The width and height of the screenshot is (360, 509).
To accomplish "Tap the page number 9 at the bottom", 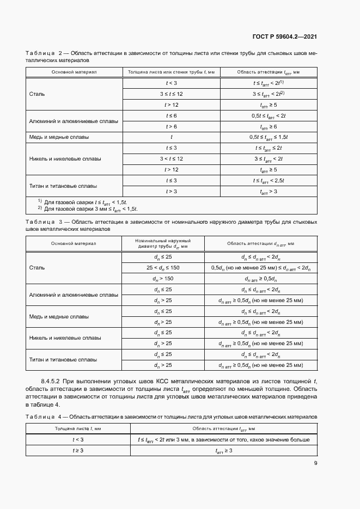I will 315,463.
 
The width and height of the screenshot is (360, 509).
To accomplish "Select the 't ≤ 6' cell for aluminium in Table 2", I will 171,116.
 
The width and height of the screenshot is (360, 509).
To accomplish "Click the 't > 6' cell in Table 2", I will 171,126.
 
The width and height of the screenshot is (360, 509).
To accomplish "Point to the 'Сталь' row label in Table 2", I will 37,94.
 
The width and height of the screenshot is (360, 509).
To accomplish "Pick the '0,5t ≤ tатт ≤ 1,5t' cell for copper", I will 269,137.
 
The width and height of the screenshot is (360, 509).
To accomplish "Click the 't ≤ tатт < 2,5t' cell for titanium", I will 269,180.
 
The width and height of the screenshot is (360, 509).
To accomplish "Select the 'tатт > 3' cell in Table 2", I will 269,191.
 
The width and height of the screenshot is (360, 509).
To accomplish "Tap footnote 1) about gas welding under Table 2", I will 82,202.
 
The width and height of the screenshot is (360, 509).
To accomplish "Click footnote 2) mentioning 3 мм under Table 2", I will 87,208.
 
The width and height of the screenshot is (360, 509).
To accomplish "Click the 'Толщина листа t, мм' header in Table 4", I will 77,429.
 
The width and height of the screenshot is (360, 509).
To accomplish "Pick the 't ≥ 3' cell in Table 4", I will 77,451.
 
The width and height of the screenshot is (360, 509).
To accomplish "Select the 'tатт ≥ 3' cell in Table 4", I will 223,451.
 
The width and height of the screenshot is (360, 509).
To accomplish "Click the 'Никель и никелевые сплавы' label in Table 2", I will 65,158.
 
